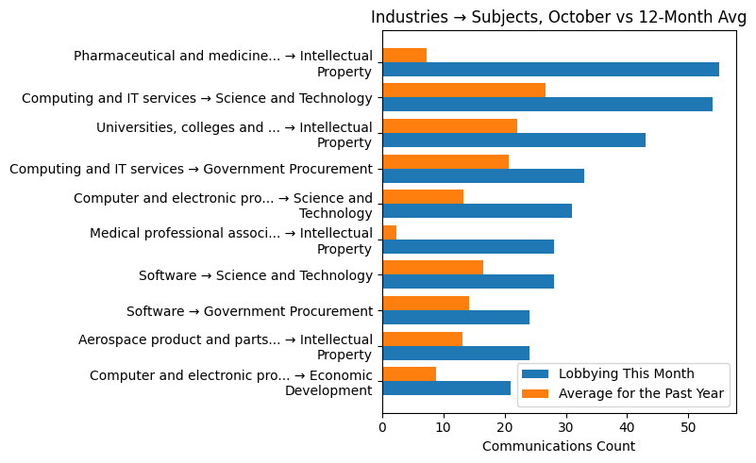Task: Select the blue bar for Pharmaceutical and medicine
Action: click(x=550, y=69)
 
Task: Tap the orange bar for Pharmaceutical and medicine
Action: click(x=404, y=55)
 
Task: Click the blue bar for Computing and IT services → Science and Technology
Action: click(x=547, y=105)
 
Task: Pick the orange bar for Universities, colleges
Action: click(x=449, y=125)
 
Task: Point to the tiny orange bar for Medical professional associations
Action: click(x=389, y=232)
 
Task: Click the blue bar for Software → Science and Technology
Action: click(x=468, y=282)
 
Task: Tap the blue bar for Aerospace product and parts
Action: click(x=456, y=353)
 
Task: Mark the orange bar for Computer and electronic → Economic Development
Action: click(x=409, y=373)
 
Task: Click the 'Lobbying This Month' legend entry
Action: click(x=626, y=373)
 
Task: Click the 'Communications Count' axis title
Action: click(x=559, y=446)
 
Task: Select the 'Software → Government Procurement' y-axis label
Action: click(x=249, y=311)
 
